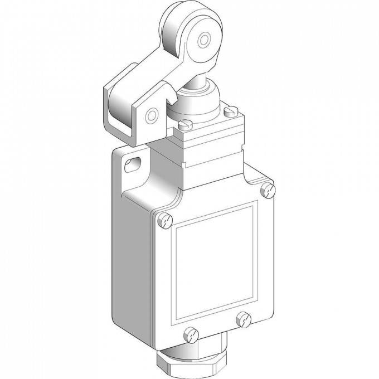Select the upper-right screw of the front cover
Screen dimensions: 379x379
268,190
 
